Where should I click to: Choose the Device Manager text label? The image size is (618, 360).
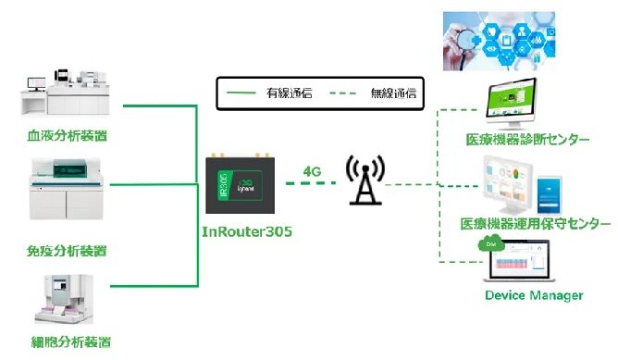(533, 295)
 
